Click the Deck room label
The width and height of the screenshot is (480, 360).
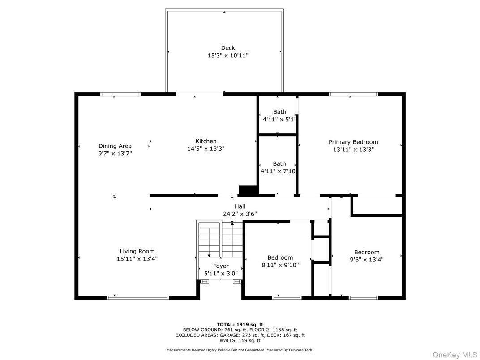pyautogui.click(x=227, y=48)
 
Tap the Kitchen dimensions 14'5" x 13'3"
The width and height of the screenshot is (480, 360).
pyautogui.click(x=206, y=149)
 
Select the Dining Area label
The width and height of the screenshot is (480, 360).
pyautogui.click(x=115, y=146)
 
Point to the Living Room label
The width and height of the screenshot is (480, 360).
pyautogui.click(x=137, y=251)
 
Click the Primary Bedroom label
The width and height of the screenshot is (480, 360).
pyautogui.click(x=353, y=142)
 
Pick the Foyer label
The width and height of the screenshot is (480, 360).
pyautogui.click(x=221, y=266)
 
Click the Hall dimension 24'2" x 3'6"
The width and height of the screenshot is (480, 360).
pyautogui.click(x=240, y=214)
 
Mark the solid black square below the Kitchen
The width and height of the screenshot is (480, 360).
pyautogui.click(x=248, y=190)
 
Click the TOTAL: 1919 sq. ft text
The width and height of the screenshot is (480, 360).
pyautogui.click(x=240, y=324)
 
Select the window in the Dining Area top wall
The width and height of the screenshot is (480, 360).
pyautogui.click(x=120, y=94)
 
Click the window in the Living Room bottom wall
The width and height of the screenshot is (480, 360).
pyautogui.click(x=137, y=297)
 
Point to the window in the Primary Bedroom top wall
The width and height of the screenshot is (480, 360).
pyautogui.click(x=353, y=94)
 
